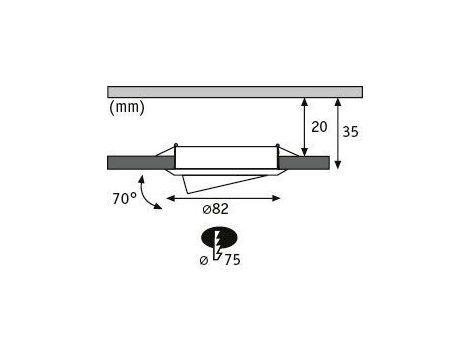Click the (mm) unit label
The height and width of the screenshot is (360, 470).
pyautogui.click(x=127, y=107)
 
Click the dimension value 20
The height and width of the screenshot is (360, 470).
pyautogui.click(x=319, y=127)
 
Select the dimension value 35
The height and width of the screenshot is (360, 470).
pyautogui.click(x=351, y=132)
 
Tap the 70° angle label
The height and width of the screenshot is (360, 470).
pyautogui.click(x=124, y=199)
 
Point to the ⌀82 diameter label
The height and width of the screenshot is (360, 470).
pyautogui.click(x=215, y=209)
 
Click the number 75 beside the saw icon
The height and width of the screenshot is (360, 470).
pyautogui.click(x=232, y=260)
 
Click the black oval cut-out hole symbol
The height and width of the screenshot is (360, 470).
pyautogui.click(x=219, y=237)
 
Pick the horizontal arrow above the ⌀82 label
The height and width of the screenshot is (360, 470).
pyautogui.click(x=223, y=198)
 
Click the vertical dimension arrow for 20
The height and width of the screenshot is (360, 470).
pyautogui.click(x=304, y=127)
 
